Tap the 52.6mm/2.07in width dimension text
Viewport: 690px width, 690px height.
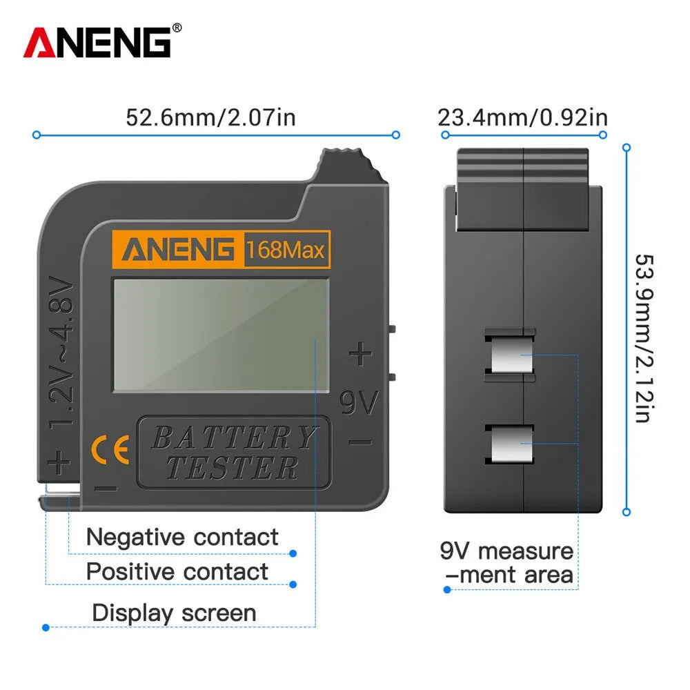pyautogui.click(x=210, y=117)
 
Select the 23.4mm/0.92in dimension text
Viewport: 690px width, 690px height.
pyautogui.click(x=522, y=117)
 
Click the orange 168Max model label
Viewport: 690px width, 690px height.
pyautogui.click(x=285, y=250)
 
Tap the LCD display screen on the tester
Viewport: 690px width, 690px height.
pyautogui.click(x=221, y=335)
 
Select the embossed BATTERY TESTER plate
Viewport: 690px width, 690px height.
pyautogui.click(x=234, y=452)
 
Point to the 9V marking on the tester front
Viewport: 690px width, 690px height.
pyautogui.click(x=359, y=403)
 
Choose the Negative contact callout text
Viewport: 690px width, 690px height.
pyautogui.click(x=182, y=537)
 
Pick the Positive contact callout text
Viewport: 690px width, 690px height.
pyautogui.click(x=177, y=571)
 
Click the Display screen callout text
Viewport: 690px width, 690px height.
pyautogui.click(x=174, y=613)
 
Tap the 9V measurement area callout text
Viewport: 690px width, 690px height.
pyautogui.click(x=507, y=563)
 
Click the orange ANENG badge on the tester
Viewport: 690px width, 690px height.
pyautogui.click(x=177, y=249)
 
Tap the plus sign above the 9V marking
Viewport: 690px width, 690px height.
pyautogui.click(x=359, y=355)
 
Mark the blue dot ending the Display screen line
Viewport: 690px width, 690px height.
pyautogui.click(x=46, y=627)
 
